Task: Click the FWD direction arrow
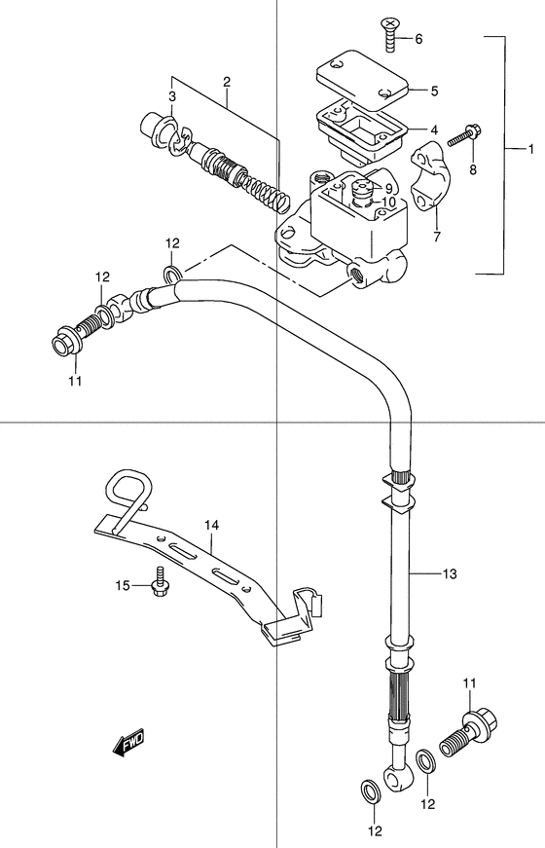128,745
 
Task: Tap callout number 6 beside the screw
418,39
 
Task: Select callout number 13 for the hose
449,573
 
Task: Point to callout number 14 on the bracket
212,525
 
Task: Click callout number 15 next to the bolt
122,584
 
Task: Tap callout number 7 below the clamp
435,236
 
